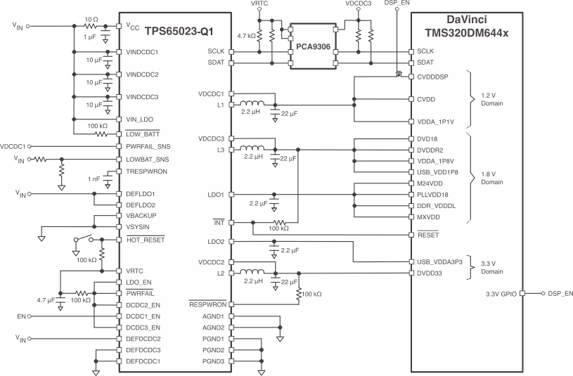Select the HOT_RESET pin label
click(144, 238)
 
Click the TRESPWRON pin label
click(145, 170)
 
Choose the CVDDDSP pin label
click(434, 77)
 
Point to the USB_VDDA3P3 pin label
click(439, 261)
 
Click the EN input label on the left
click(22, 316)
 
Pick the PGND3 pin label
click(214, 361)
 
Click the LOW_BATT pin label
click(143, 133)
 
